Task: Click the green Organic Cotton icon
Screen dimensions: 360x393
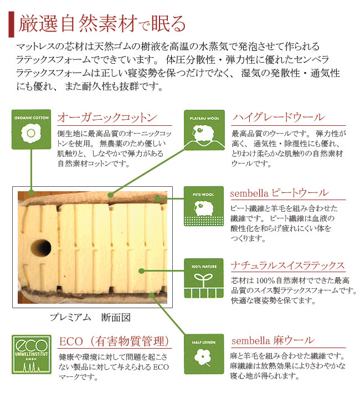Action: coord(32,129)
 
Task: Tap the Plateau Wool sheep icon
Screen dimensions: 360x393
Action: coord(204,130)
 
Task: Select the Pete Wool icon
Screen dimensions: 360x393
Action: coord(204,206)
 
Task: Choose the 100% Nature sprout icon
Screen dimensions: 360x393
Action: coord(204,278)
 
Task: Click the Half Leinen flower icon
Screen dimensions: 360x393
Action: coord(204,354)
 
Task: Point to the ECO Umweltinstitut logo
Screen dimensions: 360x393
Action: coord(32,354)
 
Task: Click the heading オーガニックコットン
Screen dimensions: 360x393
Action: coord(107,118)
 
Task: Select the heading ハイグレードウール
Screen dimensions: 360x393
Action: coord(279,118)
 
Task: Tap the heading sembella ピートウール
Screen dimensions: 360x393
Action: coord(279,193)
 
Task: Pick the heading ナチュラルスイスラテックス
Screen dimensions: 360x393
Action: coord(288,266)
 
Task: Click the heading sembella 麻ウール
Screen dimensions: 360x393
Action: coord(272,340)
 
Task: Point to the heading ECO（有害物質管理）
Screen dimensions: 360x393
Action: coord(114,341)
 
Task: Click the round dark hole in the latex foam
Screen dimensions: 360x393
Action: coord(41,248)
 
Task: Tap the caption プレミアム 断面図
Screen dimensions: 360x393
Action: coord(90,318)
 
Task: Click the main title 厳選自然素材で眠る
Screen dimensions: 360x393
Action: coord(102,24)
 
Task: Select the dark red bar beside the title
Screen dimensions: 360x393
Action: coord(11,24)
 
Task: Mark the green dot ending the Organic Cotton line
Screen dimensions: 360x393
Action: coord(32,192)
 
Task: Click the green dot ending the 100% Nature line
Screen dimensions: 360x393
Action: coord(141,271)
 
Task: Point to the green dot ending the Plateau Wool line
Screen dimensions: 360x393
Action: coord(110,195)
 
